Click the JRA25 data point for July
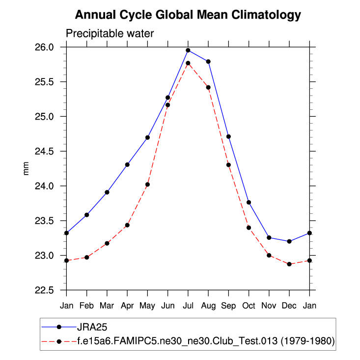188,50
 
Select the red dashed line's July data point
188,63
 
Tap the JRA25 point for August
208,61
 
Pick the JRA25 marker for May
147,137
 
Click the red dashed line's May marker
147,184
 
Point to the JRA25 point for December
289,241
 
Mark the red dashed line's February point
87,257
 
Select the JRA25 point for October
249,202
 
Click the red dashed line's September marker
228,165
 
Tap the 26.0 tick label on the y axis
51,47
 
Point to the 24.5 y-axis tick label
51,152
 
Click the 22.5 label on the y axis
51,290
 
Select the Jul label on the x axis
188,306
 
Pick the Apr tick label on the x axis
127,306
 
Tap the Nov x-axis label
269,306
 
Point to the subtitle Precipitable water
110,34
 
